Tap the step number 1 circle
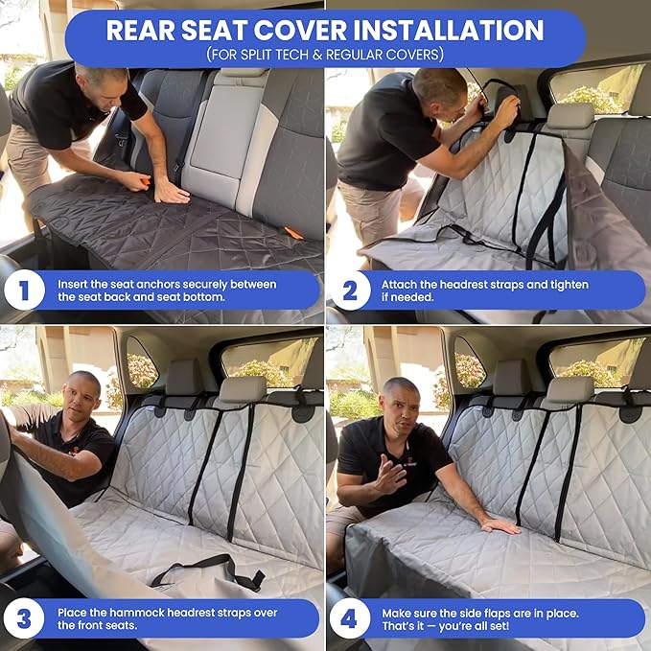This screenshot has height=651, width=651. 24,291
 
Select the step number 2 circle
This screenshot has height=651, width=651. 350,291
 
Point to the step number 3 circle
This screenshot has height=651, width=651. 24,618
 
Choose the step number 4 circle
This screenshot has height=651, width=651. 350,618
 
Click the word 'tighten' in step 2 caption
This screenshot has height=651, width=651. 566,285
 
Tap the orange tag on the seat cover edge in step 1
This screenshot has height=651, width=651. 293,233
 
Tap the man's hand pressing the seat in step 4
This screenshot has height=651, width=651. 500,525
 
